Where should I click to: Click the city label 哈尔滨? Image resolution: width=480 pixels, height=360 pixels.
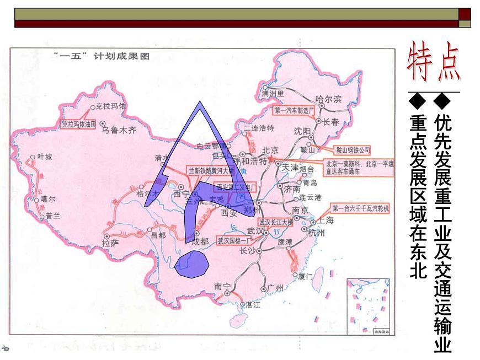click(x=329, y=99)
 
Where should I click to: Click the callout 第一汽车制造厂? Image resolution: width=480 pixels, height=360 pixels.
click(x=294, y=110)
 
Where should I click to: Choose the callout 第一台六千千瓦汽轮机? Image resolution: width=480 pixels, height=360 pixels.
click(x=361, y=208)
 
